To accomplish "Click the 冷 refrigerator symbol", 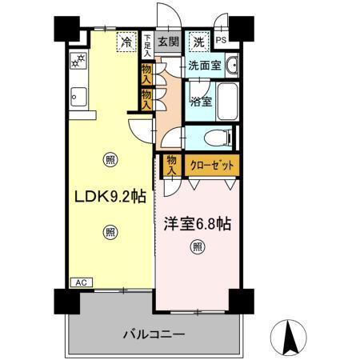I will tap(126, 42).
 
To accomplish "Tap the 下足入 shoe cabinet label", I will tap(147, 42).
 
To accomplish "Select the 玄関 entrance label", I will tap(167, 42).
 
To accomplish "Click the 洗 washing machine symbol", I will tap(197, 42).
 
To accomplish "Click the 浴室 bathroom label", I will tap(201, 102).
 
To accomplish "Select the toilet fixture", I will tap(215, 138).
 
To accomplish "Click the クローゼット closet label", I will tap(211, 166).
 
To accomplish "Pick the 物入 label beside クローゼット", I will tap(172, 166).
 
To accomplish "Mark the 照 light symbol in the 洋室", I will tap(197, 247).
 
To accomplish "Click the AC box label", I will tap(80, 282).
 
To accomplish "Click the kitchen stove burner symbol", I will tap(78, 60).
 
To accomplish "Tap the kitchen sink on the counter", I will tap(78, 98).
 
